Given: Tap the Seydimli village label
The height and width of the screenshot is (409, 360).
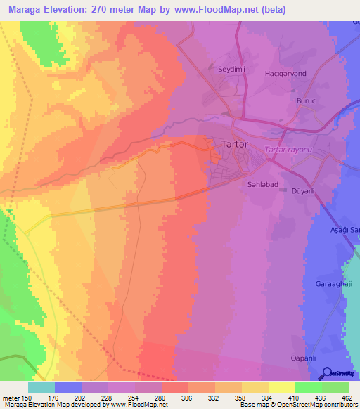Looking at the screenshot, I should tap(232, 69).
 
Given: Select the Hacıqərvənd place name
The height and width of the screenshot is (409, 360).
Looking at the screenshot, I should tap(303, 73).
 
